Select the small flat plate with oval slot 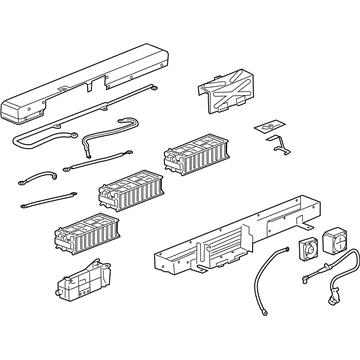pyautogui.click(x=268, y=130)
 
